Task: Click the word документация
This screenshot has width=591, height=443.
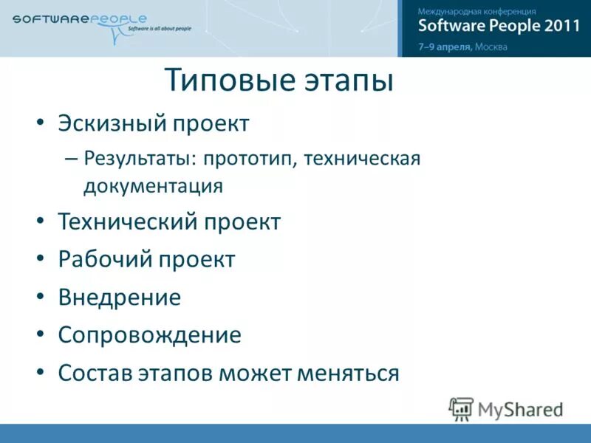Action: coord(153,185)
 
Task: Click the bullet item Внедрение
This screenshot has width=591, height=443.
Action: coord(119,298)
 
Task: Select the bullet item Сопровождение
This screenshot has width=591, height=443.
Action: coord(149,335)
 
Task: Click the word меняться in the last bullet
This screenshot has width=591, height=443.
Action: coord(348,373)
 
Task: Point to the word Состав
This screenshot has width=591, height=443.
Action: coord(94,373)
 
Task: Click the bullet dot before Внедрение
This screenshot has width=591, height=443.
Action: coord(41,298)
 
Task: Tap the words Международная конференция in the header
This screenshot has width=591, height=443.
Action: coord(476,11)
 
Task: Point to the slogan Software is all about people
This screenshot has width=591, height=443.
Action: coord(159,29)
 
